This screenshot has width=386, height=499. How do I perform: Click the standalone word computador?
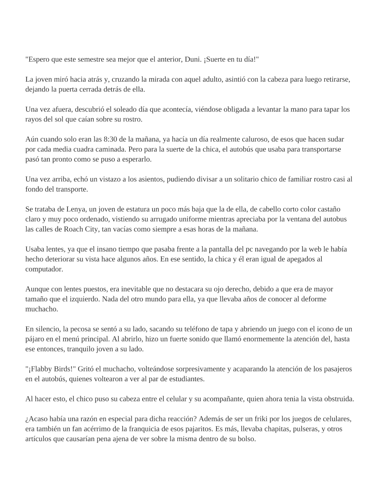point(44,269)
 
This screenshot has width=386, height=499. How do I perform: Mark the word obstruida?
point(338,399)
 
